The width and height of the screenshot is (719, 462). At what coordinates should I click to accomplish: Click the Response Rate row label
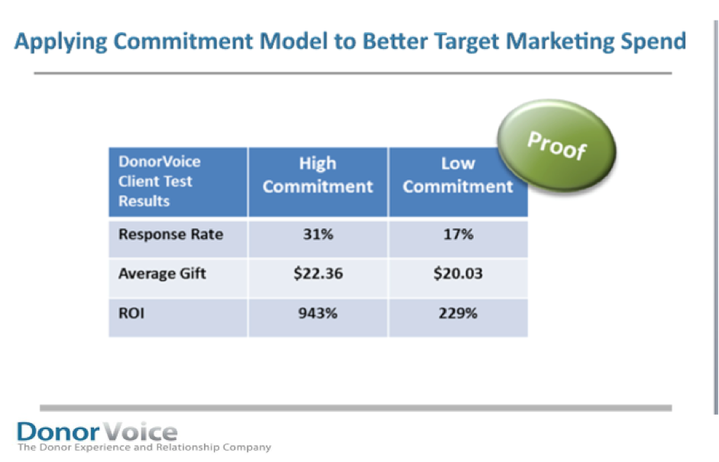(170, 234)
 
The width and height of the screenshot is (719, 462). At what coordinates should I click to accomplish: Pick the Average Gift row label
(162, 273)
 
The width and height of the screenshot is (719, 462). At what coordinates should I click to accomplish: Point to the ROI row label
(131, 313)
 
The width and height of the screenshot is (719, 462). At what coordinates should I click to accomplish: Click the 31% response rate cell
(318, 234)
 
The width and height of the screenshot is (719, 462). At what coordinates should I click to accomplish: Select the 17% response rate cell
(458, 234)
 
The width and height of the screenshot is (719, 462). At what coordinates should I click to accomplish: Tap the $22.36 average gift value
(318, 273)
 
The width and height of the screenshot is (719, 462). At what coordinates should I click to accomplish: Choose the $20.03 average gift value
(458, 273)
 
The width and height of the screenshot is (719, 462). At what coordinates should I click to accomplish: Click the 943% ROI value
(318, 313)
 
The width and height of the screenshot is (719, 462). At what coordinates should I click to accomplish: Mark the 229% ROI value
(458, 313)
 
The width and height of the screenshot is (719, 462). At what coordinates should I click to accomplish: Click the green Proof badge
(557, 145)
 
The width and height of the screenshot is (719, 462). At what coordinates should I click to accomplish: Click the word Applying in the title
(60, 42)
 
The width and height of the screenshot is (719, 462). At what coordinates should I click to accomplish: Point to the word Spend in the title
(653, 42)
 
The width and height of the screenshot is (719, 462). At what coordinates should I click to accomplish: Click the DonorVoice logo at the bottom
(97, 431)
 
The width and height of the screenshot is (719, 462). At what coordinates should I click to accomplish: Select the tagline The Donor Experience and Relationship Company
(144, 447)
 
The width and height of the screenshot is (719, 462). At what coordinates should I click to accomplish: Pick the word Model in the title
(293, 41)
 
